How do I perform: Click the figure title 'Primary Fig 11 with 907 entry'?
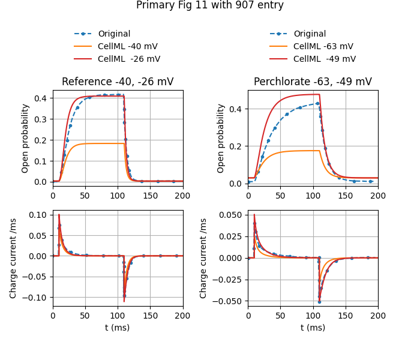coord(210,5)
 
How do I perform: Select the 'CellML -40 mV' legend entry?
coord(129,46)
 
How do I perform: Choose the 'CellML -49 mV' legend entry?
coord(324,59)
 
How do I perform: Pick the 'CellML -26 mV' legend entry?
coord(129,59)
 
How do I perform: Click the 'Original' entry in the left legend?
coord(114,34)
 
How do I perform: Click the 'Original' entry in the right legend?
coord(310,34)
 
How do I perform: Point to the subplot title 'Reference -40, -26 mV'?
coord(118,82)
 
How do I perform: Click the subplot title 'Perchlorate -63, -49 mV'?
coord(313,82)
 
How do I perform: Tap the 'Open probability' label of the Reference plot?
coord(26,138)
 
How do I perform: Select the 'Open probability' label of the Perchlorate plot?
coord(221,138)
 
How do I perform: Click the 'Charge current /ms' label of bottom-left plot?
coord(14,258)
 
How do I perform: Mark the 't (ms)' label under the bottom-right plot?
coord(313,328)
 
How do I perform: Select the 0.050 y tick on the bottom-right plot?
coord(231,215)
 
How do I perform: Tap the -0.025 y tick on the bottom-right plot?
coord(229,280)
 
